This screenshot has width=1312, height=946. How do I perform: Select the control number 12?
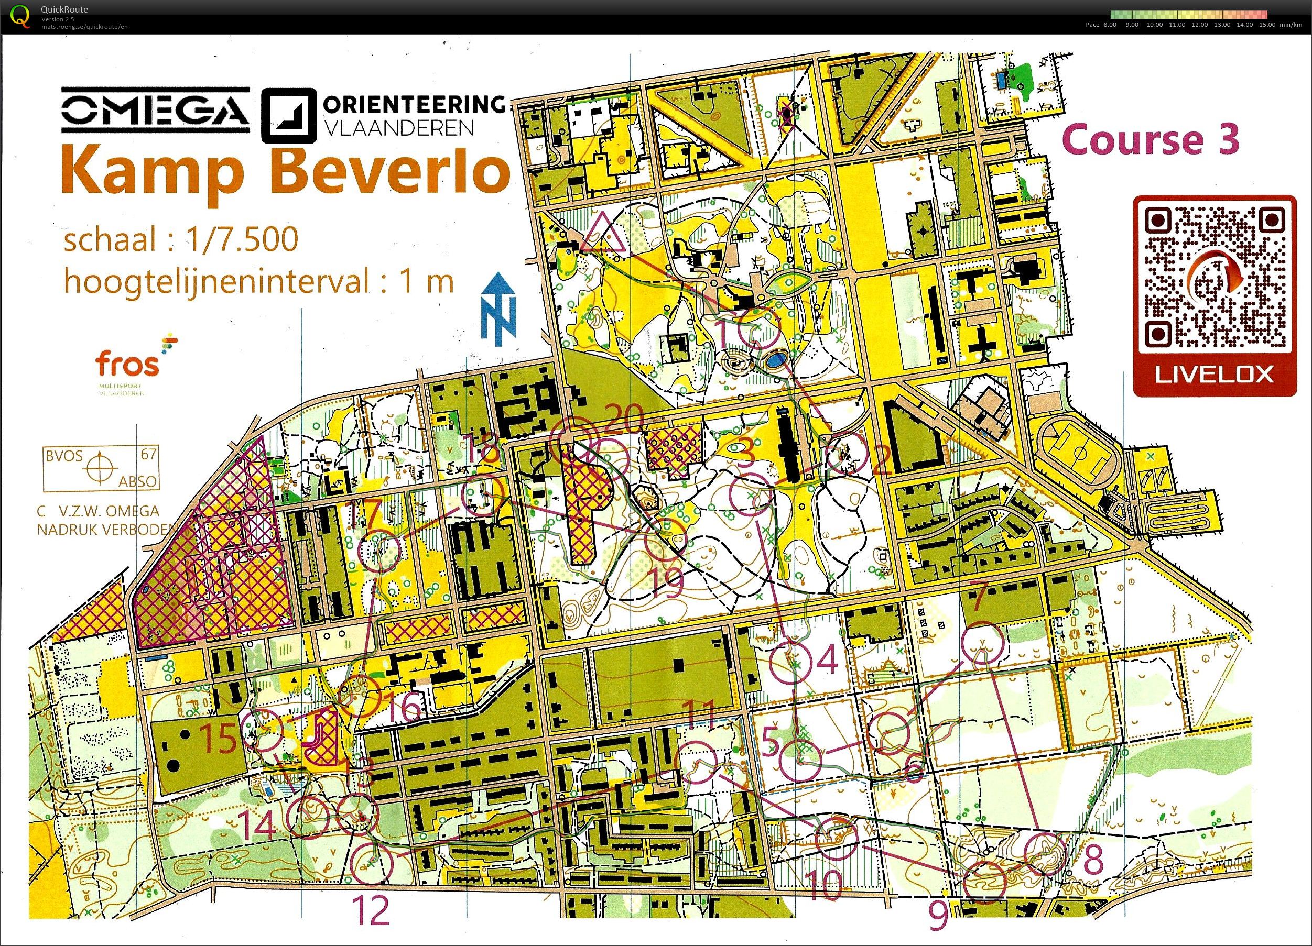(x=370, y=911)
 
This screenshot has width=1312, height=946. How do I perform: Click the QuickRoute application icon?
(x=21, y=16)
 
